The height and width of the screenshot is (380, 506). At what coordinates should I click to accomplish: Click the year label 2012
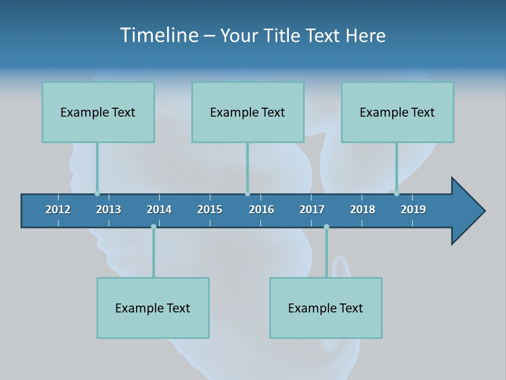pos(58,210)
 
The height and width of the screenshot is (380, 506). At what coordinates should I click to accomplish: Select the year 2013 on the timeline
pos(109,210)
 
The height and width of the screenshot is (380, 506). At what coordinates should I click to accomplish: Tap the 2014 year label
pos(159,210)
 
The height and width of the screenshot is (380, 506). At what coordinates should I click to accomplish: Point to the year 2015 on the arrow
pos(210,210)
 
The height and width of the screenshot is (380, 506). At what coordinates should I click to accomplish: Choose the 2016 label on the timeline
pos(261,210)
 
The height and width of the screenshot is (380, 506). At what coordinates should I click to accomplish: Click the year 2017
pos(312,210)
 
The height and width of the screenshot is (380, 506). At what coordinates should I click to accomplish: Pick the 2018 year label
pos(363,210)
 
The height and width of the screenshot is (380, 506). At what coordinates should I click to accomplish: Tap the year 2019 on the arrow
pos(413,210)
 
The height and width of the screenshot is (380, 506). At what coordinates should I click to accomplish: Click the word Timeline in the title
pos(159,35)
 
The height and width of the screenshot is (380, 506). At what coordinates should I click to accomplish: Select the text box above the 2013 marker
pos(98,112)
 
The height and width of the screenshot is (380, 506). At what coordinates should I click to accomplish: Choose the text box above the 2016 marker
pos(248,112)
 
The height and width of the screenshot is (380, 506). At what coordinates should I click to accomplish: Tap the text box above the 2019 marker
pos(397,112)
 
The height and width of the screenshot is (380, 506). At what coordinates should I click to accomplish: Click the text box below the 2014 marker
pos(153,308)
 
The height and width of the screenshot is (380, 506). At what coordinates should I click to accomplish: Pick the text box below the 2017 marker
pos(326,308)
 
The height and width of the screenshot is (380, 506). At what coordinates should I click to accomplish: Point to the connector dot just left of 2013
pos(97,193)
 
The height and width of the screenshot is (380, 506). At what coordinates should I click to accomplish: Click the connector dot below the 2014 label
pos(153,227)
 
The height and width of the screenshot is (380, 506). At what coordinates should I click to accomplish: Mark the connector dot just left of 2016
pos(247,193)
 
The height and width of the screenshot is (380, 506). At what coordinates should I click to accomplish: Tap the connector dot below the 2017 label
pos(326,227)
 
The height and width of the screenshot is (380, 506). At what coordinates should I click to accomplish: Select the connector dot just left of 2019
pos(396,193)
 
